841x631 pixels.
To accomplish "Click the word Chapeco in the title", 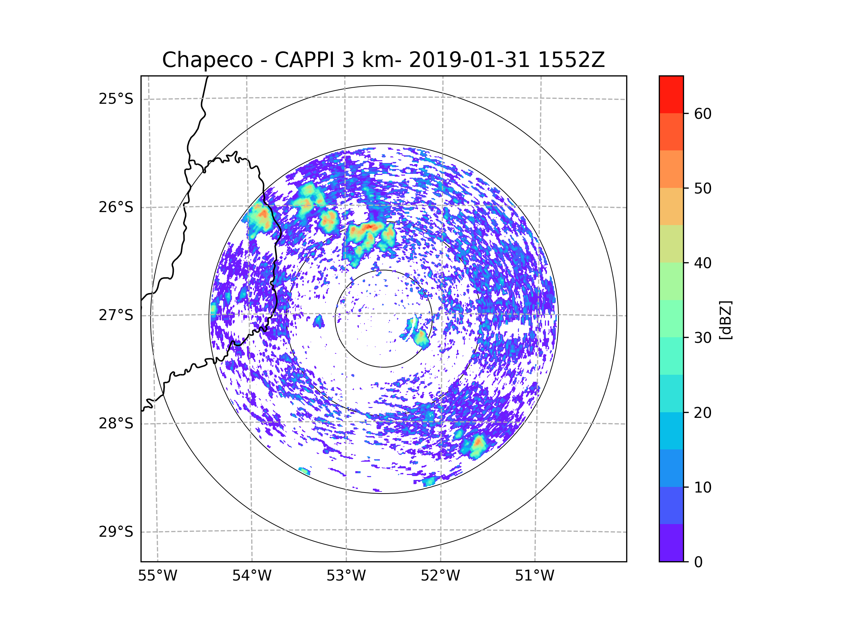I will pyautogui.click(x=207, y=60).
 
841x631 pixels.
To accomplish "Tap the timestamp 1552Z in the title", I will pyautogui.click(x=571, y=60).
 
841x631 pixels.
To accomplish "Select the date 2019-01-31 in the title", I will pyautogui.click(x=469, y=60).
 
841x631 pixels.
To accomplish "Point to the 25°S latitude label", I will pyautogui.click(x=116, y=99).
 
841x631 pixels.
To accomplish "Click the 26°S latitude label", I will pyautogui.click(x=116, y=207).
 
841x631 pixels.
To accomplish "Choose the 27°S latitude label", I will pyautogui.click(x=116, y=315).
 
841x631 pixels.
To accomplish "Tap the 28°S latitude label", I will pyautogui.click(x=116, y=423).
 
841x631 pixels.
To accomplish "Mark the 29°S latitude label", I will pyautogui.click(x=116, y=532).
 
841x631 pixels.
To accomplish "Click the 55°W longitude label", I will pyautogui.click(x=157, y=576).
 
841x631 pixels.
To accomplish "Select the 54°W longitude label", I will pyautogui.click(x=252, y=576).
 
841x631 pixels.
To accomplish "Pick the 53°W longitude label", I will pyautogui.click(x=346, y=576).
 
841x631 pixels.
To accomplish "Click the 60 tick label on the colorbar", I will pyautogui.click(x=703, y=114).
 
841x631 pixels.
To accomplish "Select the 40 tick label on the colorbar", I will pyautogui.click(x=703, y=263).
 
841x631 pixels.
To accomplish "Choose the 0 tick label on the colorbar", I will pyautogui.click(x=698, y=562).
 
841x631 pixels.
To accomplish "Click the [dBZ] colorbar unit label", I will pyautogui.click(x=725, y=320).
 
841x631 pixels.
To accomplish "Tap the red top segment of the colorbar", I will pyautogui.click(x=671, y=94).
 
